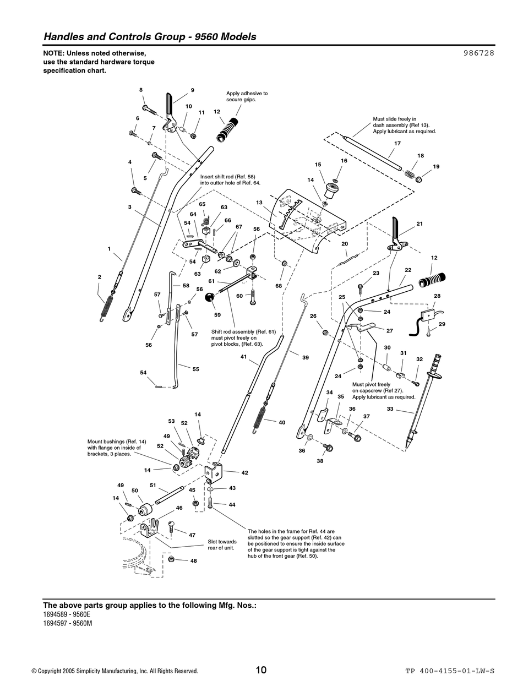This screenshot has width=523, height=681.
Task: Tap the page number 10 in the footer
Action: point(261,670)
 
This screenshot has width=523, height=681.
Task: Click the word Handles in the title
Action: point(64,37)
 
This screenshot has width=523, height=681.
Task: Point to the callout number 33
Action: point(390,409)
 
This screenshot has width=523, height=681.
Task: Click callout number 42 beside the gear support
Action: point(244,472)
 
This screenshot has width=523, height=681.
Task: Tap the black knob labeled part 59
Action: point(210,298)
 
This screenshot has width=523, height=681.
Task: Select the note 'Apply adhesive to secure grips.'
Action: point(247,96)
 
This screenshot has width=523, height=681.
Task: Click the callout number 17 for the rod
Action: point(397,144)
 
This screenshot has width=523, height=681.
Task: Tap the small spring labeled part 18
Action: point(409,174)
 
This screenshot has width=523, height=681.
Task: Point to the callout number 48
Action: point(193,560)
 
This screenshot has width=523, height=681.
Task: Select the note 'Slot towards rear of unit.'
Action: point(222,544)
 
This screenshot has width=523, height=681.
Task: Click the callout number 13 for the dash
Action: point(259,203)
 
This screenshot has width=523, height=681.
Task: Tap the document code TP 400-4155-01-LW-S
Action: point(450,671)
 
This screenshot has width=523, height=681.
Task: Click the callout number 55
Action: point(195,369)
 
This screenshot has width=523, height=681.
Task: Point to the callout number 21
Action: point(420,224)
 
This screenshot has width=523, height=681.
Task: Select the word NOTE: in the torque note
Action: point(55,53)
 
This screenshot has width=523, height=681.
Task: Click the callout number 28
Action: point(437,296)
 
